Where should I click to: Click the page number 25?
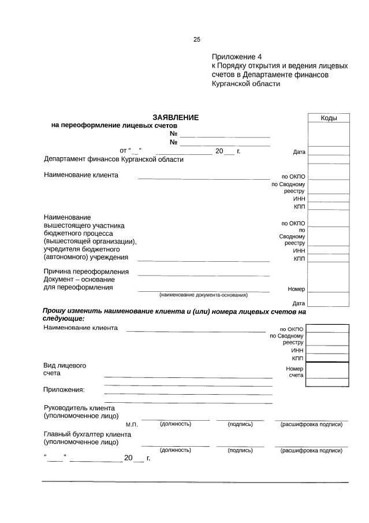(x=196, y=40)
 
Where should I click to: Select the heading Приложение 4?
(x=237, y=57)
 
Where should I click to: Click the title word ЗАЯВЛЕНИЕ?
(x=176, y=117)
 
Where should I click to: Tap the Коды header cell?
(x=329, y=118)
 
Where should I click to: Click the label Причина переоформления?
(x=87, y=272)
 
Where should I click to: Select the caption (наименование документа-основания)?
(x=203, y=295)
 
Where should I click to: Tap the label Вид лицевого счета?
(x=65, y=369)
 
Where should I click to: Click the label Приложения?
(x=64, y=389)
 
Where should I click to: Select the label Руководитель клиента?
(x=84, y=408)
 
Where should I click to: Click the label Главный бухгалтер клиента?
(x=87, y=434)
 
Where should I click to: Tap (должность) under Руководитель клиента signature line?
(x=176, y=424)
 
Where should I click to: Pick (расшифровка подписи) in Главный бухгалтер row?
(x=311, y=450)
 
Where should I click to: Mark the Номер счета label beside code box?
(x=295, y=372)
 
